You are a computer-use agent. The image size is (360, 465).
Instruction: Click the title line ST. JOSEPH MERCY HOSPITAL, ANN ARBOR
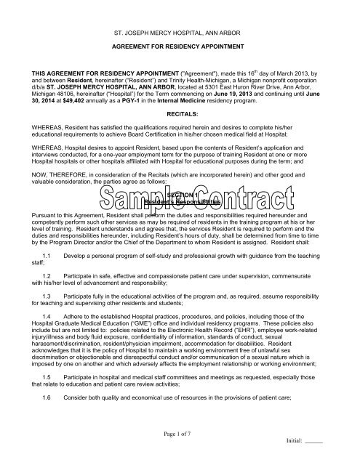point(180,35)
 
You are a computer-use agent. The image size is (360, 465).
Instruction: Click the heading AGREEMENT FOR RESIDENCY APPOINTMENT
point(180,54)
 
